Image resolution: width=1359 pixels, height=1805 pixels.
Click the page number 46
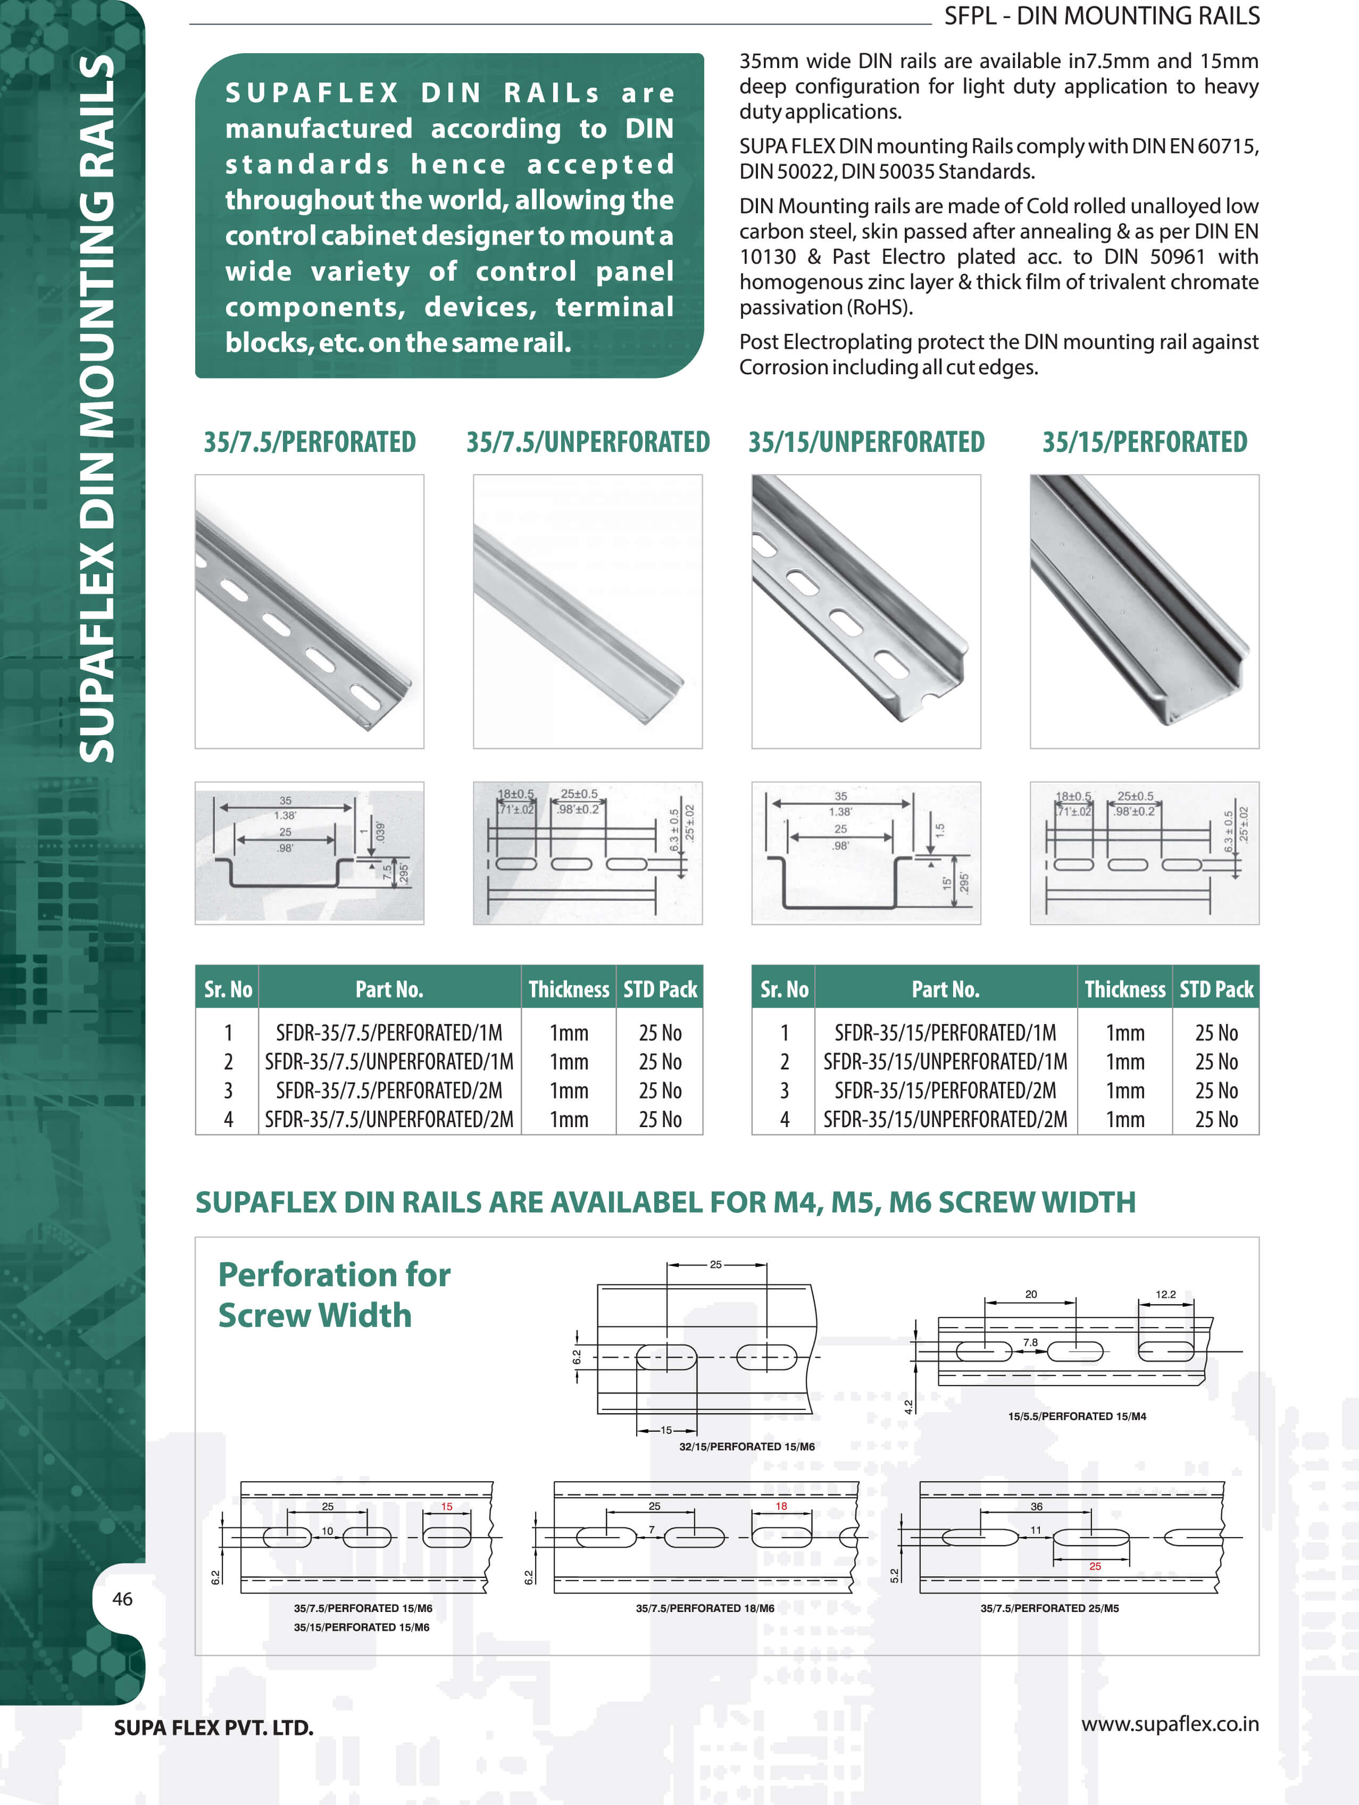point(122,1599)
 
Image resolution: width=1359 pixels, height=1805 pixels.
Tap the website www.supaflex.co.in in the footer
point(1170,1724)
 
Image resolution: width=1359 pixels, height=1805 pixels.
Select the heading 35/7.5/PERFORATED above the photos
point(310,442)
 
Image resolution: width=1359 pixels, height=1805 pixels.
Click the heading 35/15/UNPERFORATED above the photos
point(866,442)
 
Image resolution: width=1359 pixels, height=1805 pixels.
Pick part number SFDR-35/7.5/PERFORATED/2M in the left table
point(388,1090)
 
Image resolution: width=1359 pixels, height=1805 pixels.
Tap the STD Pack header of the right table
point(1215,989)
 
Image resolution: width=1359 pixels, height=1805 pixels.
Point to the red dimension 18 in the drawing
point(781,1506)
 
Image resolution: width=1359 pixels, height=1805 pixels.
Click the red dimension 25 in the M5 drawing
point(1095,1566)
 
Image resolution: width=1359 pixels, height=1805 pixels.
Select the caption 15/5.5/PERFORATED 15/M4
point(1077,1416)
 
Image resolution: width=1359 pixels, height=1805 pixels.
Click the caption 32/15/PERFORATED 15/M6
point(747,1446)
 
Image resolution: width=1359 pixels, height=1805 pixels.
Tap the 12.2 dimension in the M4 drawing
point(1165,1294)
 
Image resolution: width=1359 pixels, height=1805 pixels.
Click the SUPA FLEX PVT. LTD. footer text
point(214,1727)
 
